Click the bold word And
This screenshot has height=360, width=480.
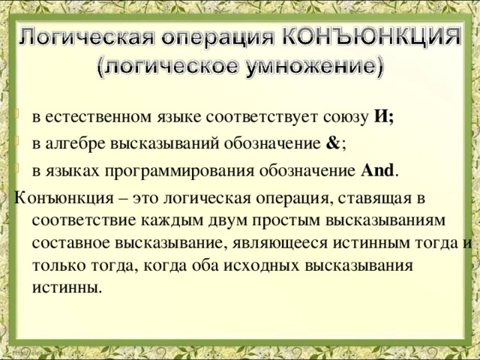[x=376, y=171]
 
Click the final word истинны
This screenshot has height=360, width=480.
[x=66, y=288]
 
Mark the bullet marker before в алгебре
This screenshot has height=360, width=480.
[x=19, y=144]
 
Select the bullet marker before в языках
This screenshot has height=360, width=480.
[x=19, y=171]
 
